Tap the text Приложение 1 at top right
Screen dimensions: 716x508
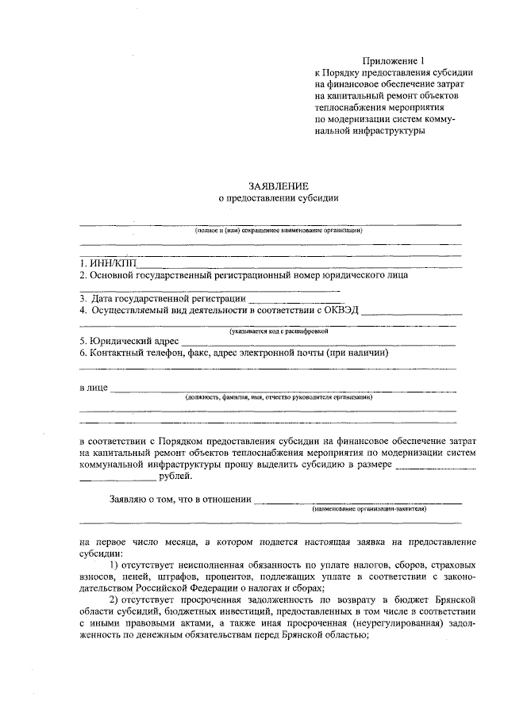coord(394,60)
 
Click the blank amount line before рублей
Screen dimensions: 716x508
coord(117,478)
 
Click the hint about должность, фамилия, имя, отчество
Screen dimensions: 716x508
coord(279,397)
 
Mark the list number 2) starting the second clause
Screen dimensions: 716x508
coord(114,601)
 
